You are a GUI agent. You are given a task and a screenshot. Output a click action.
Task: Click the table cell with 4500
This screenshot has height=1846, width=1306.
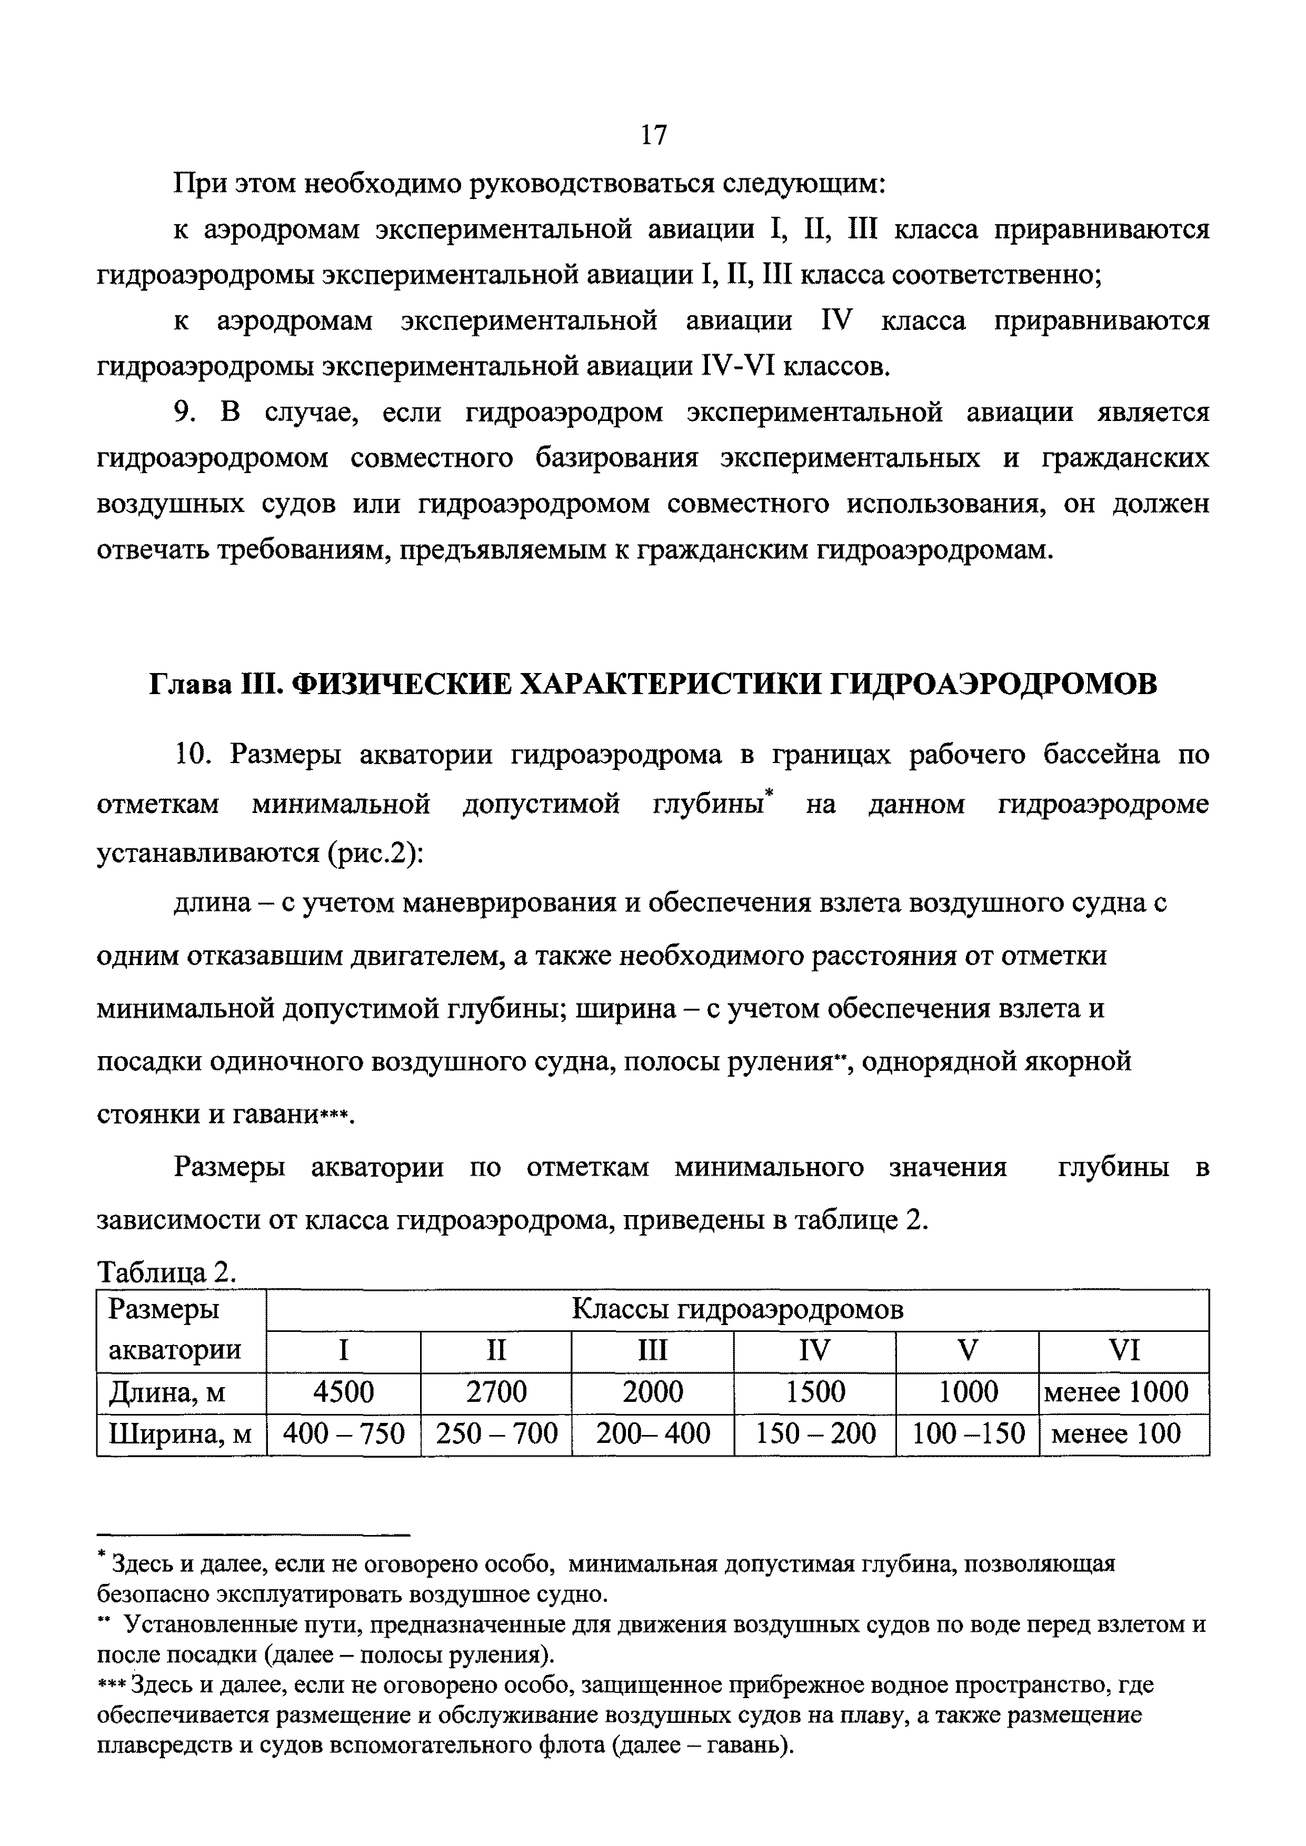[x=343, y=1392]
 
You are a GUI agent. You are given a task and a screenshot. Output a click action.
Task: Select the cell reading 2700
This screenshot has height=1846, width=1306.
[x=496, y=1392]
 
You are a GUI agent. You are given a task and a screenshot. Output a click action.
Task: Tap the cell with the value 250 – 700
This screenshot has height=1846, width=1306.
[x=496, y=1433]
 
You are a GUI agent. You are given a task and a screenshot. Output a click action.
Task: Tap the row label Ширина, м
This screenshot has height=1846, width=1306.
[x=181, y=1433]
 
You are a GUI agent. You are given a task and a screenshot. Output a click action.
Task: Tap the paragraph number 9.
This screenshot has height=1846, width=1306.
[x=184, y=413]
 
